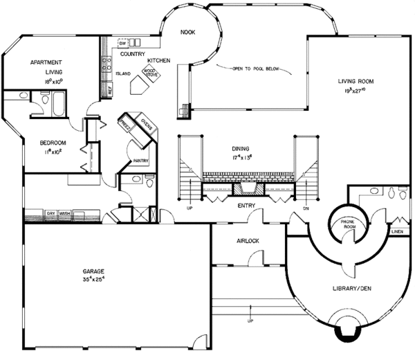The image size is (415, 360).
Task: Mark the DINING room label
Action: [241, 148]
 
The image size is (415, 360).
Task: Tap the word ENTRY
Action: [247, 205]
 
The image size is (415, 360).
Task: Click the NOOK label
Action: [188, 32]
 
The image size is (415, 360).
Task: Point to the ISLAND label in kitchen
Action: [123, 73]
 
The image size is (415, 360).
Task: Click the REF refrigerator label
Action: [109, 89]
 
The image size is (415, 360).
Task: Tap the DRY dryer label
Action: [50, 213]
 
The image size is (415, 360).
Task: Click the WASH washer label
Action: [65, 213]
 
